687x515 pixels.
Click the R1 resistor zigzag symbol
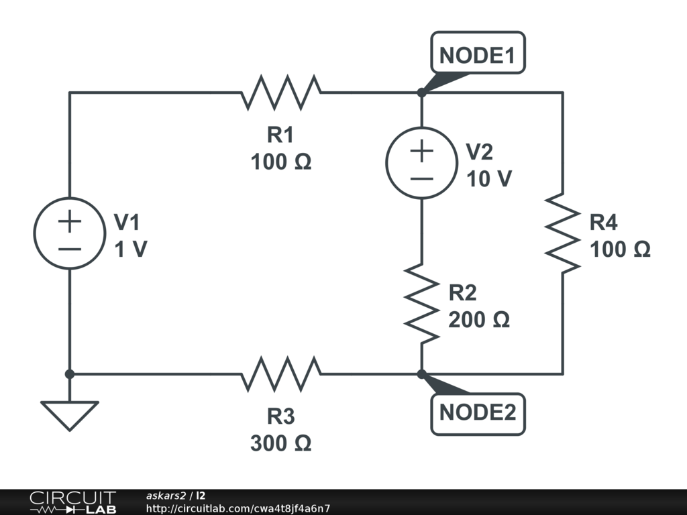click(281, 93)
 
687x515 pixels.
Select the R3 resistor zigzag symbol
click(281, 374)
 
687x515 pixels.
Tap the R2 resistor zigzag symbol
click(421, 304)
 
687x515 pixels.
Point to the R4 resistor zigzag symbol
click(562, 233)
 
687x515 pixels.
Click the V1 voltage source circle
click(69, 233)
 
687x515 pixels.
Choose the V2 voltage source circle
click(421, 163)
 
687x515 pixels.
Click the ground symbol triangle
click(69, 414)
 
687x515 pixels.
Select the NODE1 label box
click(478, 52)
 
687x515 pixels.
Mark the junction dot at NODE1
click(421, 93)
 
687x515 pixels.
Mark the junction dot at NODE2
click(421, 374)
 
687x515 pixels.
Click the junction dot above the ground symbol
click(69, 374)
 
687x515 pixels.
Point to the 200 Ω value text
click(479, 320)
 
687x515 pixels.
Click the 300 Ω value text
click(281, 443)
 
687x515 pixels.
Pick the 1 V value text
click(130, 249)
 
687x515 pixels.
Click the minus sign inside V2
click(421, 178)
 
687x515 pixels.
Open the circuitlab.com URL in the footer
click(238, 509)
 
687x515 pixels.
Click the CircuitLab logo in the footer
click(72, 502)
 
